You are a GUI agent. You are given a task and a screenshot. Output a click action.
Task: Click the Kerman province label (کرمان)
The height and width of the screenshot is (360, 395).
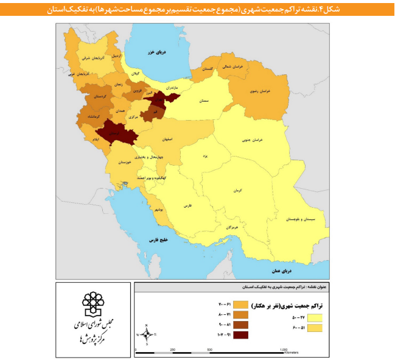(x=236, y=191)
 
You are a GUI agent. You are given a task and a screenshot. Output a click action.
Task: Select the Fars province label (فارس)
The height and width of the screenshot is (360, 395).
(x=187, y=206)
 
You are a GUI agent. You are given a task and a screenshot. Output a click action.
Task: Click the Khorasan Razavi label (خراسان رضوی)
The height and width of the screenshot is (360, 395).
(x=260, y=91)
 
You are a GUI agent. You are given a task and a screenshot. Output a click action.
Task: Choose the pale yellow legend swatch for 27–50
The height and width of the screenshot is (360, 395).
(x=315, y=317)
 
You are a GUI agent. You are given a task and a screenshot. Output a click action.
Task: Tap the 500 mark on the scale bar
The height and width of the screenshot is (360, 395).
(x=209, y=350)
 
